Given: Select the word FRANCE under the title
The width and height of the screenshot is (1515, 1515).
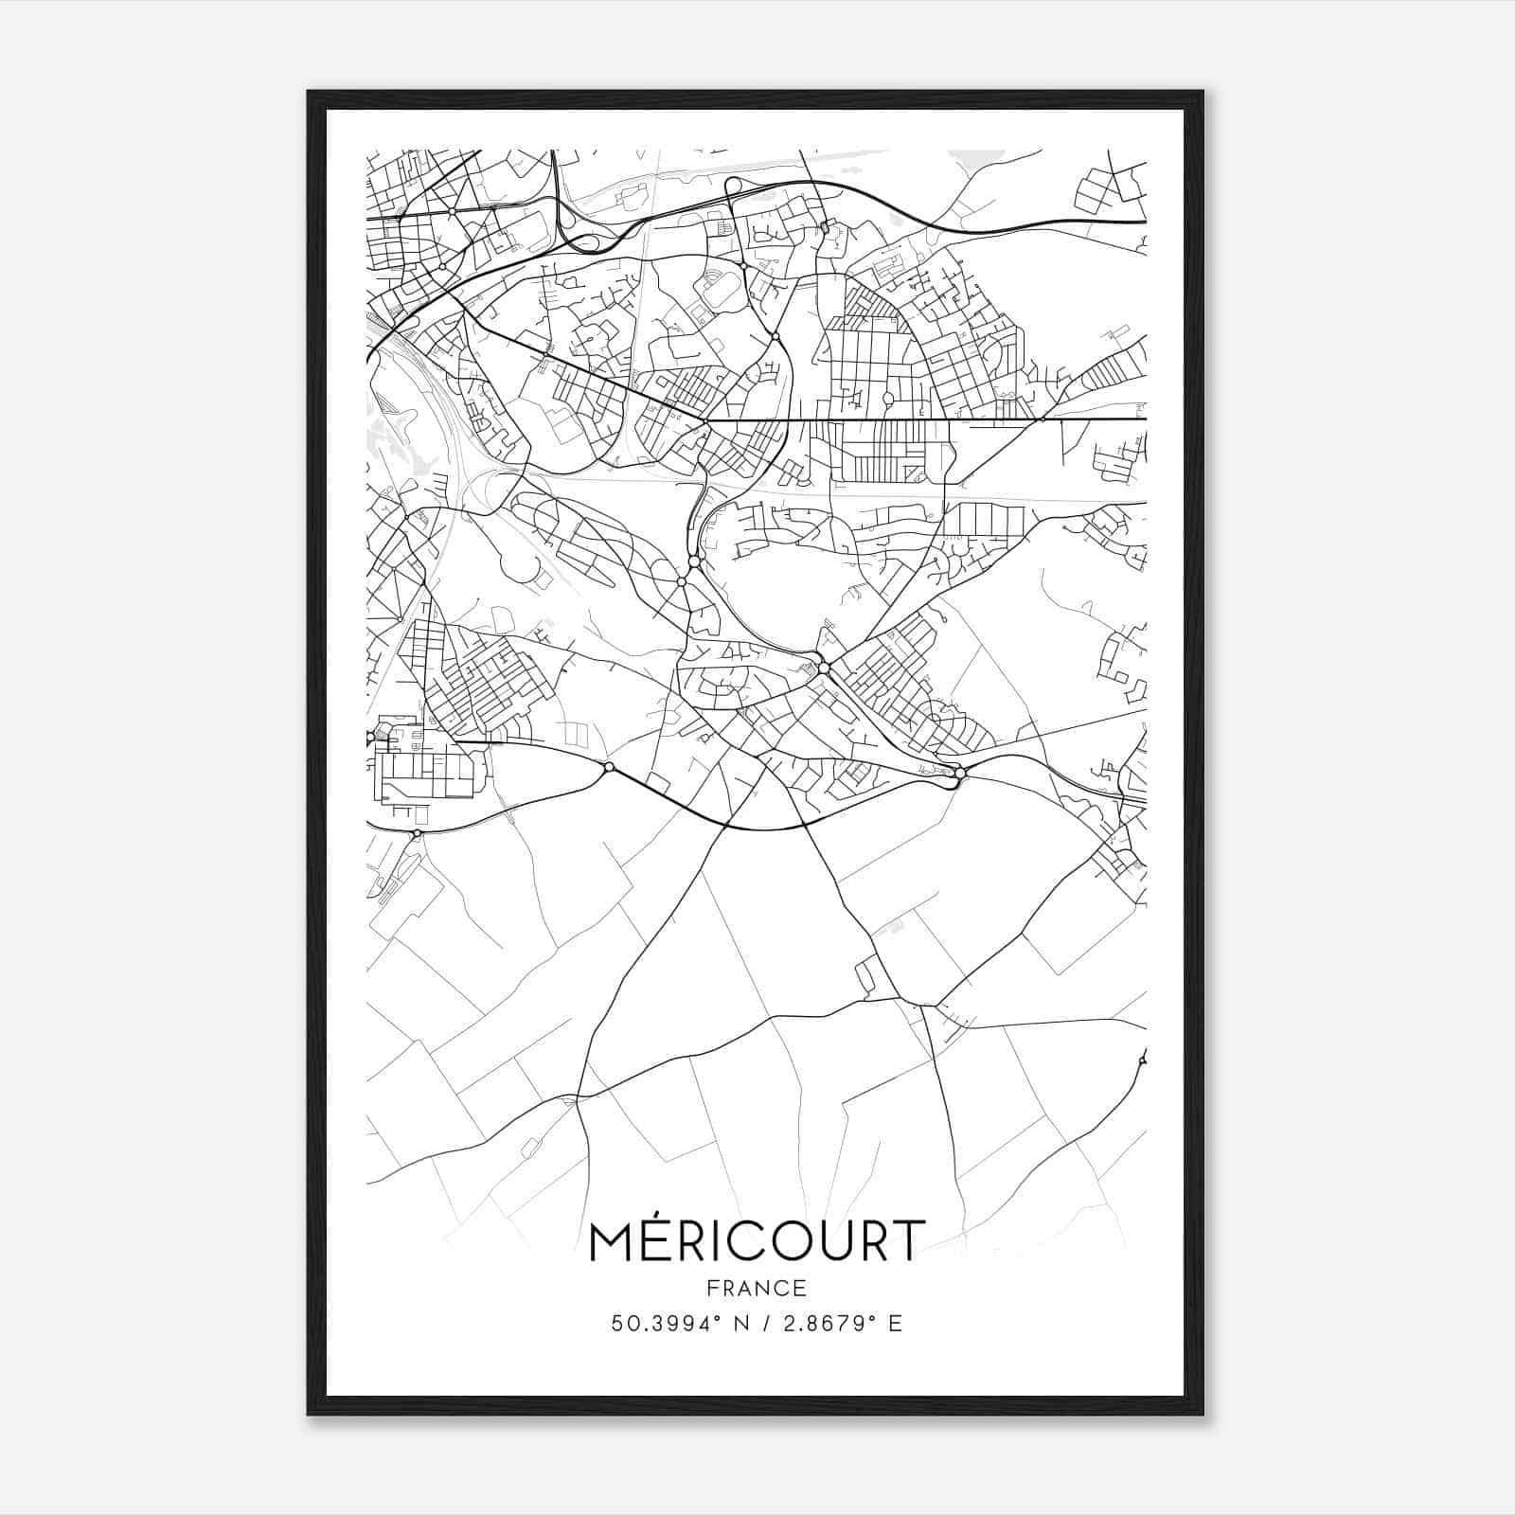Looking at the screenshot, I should pos(757,1289).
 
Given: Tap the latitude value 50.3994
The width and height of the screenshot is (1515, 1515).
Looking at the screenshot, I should pos(653,1324).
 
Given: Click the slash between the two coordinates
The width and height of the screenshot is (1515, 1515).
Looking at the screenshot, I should pos(763,1324).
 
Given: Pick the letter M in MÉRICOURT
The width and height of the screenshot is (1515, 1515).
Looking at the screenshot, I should pos(612,1242).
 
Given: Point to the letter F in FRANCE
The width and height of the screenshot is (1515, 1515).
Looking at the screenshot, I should pos(711,1289).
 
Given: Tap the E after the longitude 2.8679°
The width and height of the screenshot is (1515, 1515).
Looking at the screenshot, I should pos(896,1324).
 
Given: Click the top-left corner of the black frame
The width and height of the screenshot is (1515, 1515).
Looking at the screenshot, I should pos(308,92).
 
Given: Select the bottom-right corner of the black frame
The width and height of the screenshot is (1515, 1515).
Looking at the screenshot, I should pos(1203,1415).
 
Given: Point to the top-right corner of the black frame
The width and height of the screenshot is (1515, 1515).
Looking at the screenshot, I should pos(1203,92).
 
